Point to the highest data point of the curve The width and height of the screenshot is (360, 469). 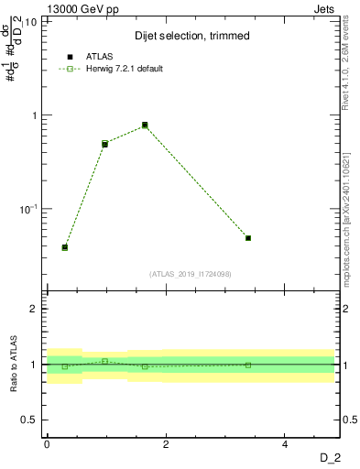click(x=145, y=125)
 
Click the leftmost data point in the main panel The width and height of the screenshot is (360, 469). click(x=64, y=247)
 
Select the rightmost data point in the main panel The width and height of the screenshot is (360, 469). click(x=248, y=238)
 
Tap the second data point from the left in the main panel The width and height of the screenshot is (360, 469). click(x=105, y=144)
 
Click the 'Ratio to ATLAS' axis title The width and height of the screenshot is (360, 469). click(x=14, y=364)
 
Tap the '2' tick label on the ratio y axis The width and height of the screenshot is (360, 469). click(x=34, y=309)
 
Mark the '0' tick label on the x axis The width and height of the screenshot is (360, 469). click(x=47, y=443)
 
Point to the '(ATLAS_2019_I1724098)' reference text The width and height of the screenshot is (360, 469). click(x=191, y=273)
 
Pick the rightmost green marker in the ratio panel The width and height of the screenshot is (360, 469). click(x=248, y=365)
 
